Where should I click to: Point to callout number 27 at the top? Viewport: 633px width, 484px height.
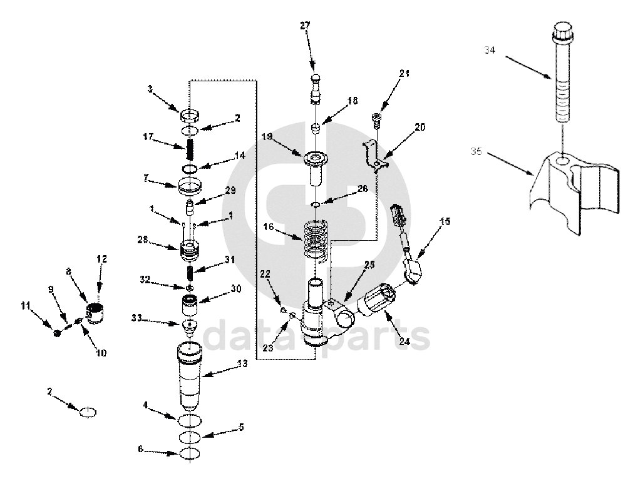(x=305, y=26)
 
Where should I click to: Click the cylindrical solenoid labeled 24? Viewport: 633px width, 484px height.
(x=376, y=301)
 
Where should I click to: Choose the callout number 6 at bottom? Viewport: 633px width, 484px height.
(x=141, y=449)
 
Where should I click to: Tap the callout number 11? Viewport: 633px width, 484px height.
(x=25, y=306)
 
